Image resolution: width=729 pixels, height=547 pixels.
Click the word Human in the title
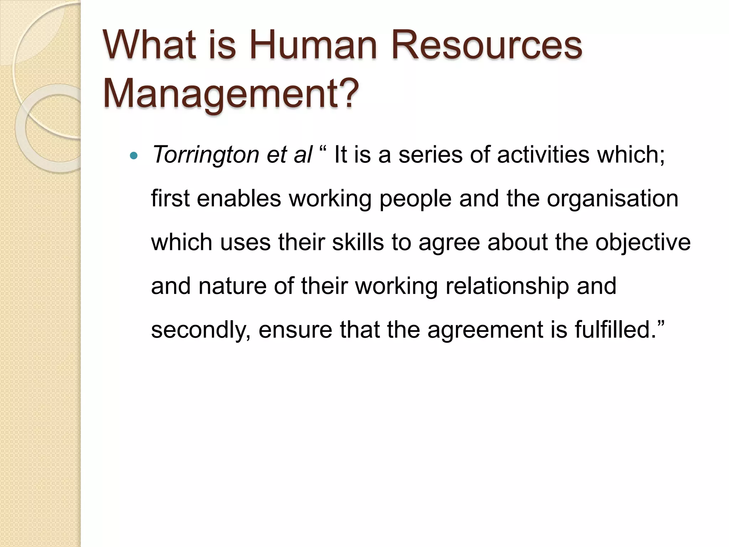pyautogui.click(x=313, y=46)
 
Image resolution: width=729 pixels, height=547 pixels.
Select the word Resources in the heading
pyautogui.click(x=487, y=46)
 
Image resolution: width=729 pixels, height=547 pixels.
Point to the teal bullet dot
pyautogui.click(x=134, y=155)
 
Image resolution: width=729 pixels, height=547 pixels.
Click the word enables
pyautogui.click(x=239, y=199)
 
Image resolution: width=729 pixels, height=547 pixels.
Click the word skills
pyautogui.click(x=358, y=242)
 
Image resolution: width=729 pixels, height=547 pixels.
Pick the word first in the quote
pyautogui.click(x=170, y=199)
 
